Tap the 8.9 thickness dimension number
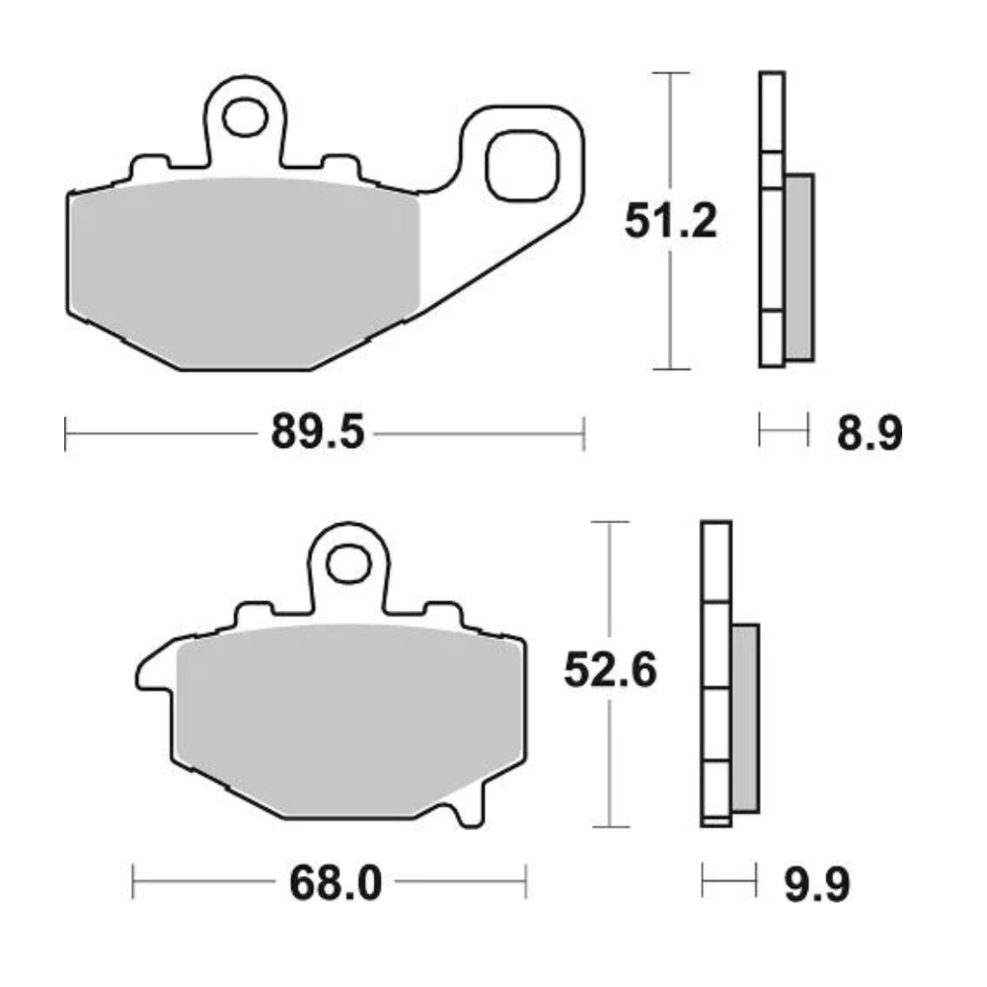pyautogui.click(x=869, y=433)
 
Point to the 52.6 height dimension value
pyautogui.click(x=611, y=673)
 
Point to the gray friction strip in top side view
pyautogui.click(x=799, y=266)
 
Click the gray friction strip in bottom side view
pyautogui.click(x=745, y=718)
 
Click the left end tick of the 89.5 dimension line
pyautogui.click(x=65, y=433)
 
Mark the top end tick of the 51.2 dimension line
pyautogui.click(x=671, y=74)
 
